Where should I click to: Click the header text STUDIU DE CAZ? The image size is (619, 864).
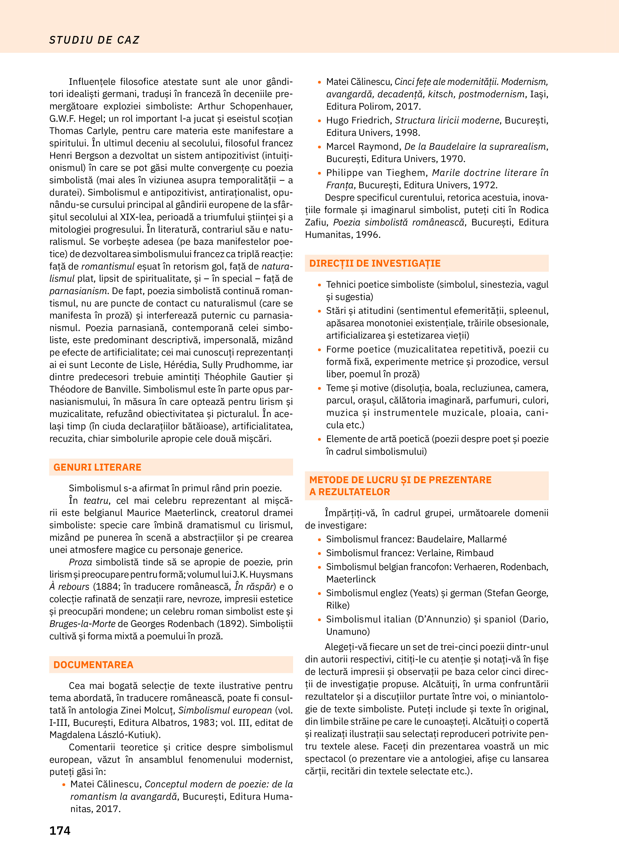click(94, 40)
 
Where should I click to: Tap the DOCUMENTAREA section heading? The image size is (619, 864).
click(93, 665)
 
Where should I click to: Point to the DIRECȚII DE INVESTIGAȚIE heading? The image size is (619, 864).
click(375, 263)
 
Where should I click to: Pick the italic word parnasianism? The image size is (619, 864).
click(78, 291)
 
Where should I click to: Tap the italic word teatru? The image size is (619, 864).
click(96, 501)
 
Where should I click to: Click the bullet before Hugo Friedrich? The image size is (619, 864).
click(320, 121)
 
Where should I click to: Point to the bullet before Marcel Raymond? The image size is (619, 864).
click(320, 147)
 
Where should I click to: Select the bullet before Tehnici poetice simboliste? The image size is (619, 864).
click(320, 285)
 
